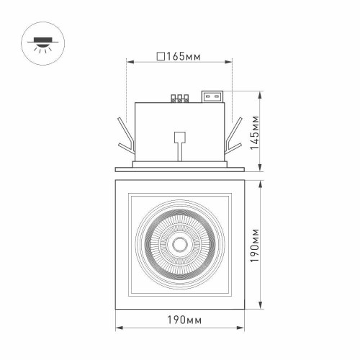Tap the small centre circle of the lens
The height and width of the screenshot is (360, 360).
180,246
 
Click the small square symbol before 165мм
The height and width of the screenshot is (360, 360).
160,55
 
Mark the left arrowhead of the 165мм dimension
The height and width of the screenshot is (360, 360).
130,62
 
